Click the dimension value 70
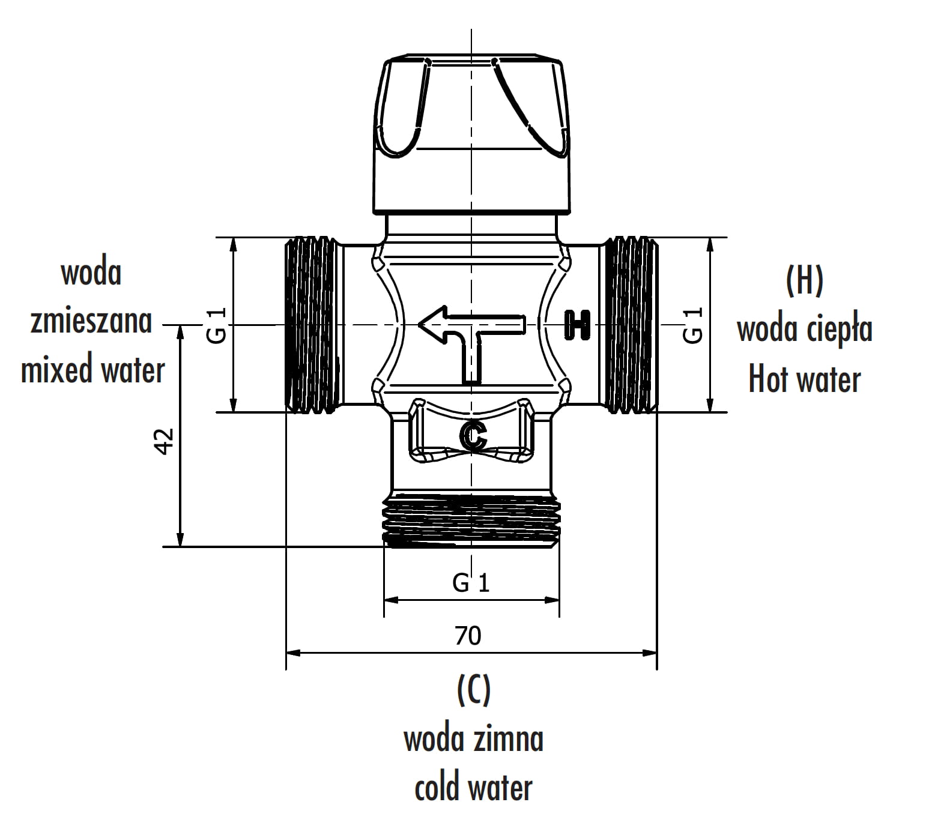click(468, 635)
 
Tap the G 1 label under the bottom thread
click(471, 582)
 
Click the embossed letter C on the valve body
click(473, 436)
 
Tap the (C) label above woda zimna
click(473, 690)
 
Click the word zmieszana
click(91, 321)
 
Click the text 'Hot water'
click(804, 379)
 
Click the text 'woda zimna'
click(473, 739)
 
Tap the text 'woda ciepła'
click(804, 330)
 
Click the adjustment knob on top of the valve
click(471, 135)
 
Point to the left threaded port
click(310, 325)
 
